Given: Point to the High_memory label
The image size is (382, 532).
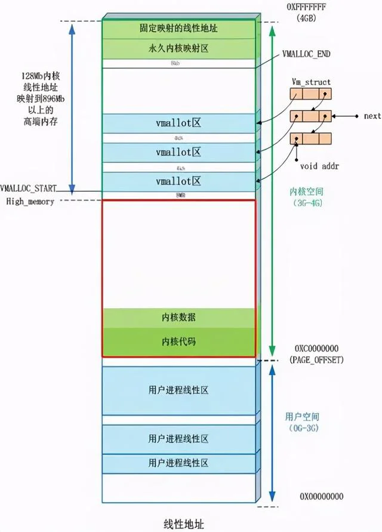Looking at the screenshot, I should [x=30, y=201].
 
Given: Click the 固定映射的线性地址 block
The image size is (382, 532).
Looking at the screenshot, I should [x=179, y=29].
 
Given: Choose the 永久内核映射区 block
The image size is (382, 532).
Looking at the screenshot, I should [x=179, y=48].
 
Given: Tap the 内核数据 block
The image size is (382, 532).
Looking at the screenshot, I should [x=179, y=318].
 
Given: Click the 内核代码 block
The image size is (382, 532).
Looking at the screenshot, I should [x=179, y=342].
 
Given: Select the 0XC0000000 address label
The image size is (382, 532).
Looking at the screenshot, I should [x=317, y=348].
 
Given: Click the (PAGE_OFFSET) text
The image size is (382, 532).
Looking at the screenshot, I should [x=317, y=359].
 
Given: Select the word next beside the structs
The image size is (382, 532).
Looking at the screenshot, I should [x=372, y=116].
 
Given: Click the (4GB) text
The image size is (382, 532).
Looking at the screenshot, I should [x=310, y=18].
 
